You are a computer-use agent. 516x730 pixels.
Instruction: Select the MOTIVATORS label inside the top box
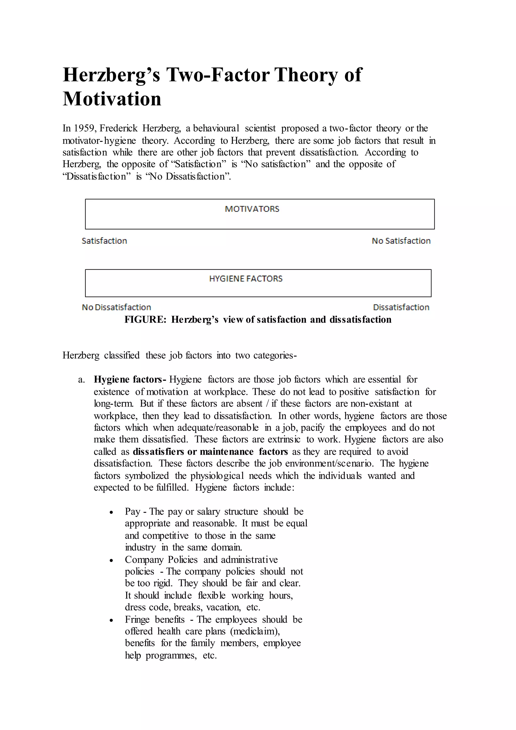click(x=252, y=209)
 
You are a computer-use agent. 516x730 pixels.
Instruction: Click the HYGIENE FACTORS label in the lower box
click(x=246, y=279)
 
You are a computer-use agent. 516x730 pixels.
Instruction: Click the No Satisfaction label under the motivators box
click(x=401, y=241)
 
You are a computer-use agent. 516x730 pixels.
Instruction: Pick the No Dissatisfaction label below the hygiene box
click(x=116, y=308)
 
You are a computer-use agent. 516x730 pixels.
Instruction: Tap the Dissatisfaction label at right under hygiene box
click(x=401, y=308)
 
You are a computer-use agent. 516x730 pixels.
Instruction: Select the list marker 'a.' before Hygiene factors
click(x=81, y=380)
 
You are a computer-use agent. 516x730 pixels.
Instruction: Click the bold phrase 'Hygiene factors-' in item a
click(x=130, y=380)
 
